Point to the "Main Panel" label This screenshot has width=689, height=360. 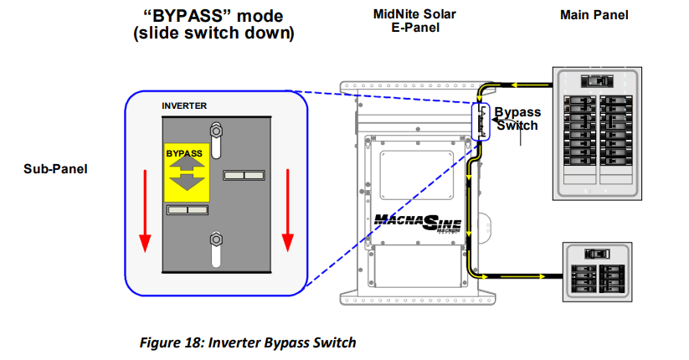coord(597,15)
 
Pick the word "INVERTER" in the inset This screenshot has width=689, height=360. coord(183,105)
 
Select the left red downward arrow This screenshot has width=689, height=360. coord(145,209)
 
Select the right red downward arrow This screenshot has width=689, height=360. coord(288,209)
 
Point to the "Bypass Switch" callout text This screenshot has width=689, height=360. coord(517,118)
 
